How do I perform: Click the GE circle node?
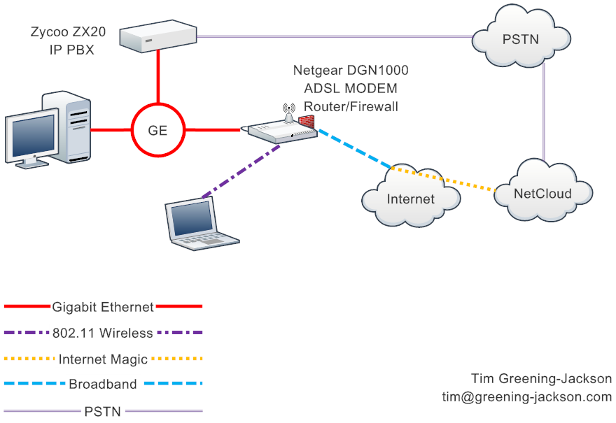point(159,129)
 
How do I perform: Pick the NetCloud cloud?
point(542,192)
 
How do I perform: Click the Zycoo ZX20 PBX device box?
point(159,37)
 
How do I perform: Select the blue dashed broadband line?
point(354,148)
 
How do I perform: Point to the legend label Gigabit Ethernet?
point(103,306)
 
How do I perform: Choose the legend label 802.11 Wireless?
point(103,333)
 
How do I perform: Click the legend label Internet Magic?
point(103,359)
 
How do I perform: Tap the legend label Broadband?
point(103,384)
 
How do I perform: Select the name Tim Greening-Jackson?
point(541,379)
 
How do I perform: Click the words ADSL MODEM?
point(350,88)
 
